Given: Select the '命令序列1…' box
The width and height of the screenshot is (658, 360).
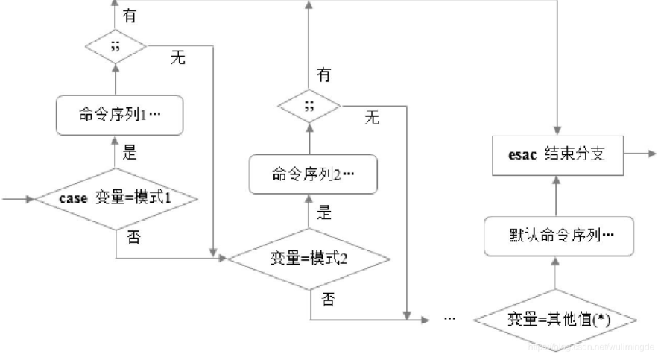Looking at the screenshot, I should (119, 116).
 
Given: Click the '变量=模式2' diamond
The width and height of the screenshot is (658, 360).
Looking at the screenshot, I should (309, 259).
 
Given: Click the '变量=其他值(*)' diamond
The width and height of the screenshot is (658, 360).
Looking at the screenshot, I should (555, 320).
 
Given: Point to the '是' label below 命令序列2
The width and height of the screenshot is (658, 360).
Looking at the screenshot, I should (323, 213).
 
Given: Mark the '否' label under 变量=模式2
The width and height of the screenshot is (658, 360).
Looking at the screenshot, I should (327, 300).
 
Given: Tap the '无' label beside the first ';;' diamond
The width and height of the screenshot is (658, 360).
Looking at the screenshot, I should (177, 59).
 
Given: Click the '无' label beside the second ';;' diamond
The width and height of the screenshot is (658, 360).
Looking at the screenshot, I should (372, 117).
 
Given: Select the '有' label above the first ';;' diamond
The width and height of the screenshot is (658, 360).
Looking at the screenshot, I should (130, 16).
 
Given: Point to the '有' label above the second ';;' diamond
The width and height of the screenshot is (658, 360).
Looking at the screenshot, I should (323, 75).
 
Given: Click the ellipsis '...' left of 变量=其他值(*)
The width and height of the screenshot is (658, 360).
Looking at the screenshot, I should (449, 318).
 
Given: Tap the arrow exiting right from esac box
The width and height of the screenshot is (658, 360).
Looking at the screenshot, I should (638, 154).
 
